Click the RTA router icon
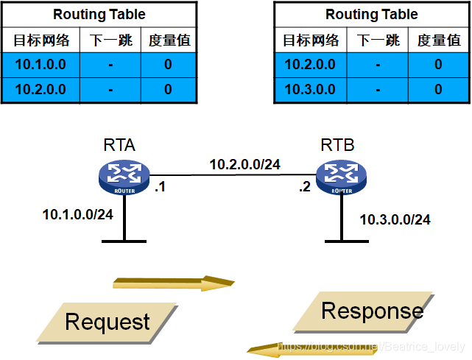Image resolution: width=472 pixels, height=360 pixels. click(123, 176)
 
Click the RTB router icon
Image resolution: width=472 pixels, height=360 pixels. click(340, 176)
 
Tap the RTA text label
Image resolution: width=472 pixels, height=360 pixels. click(120, 145)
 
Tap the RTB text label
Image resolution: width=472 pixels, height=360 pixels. click(337, 145)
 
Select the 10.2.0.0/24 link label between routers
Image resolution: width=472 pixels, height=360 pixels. click(244, 164)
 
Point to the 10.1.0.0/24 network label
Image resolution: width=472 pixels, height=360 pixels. click(77, 215)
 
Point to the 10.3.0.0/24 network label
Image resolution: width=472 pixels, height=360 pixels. click(395, 219)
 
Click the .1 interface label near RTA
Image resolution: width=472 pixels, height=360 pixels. click(159, 187)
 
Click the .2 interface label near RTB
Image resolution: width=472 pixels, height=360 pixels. click(305, 187)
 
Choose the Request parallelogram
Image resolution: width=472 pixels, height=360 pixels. click(108, 321)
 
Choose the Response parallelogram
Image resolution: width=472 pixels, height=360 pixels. click(372, 311)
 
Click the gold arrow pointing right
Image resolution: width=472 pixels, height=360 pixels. click(173, 283)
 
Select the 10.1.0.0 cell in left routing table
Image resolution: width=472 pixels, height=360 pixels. click(40, 65)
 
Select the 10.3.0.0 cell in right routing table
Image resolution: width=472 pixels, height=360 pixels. click(310, 89)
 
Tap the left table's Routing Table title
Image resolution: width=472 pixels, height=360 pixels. click(99, 15)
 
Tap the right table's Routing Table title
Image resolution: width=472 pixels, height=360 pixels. click(371, 15)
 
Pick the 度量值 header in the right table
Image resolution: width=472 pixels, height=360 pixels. click(438, 40)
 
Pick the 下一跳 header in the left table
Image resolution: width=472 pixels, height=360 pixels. click(110, 40)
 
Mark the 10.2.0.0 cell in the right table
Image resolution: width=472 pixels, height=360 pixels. click(310, 65)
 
